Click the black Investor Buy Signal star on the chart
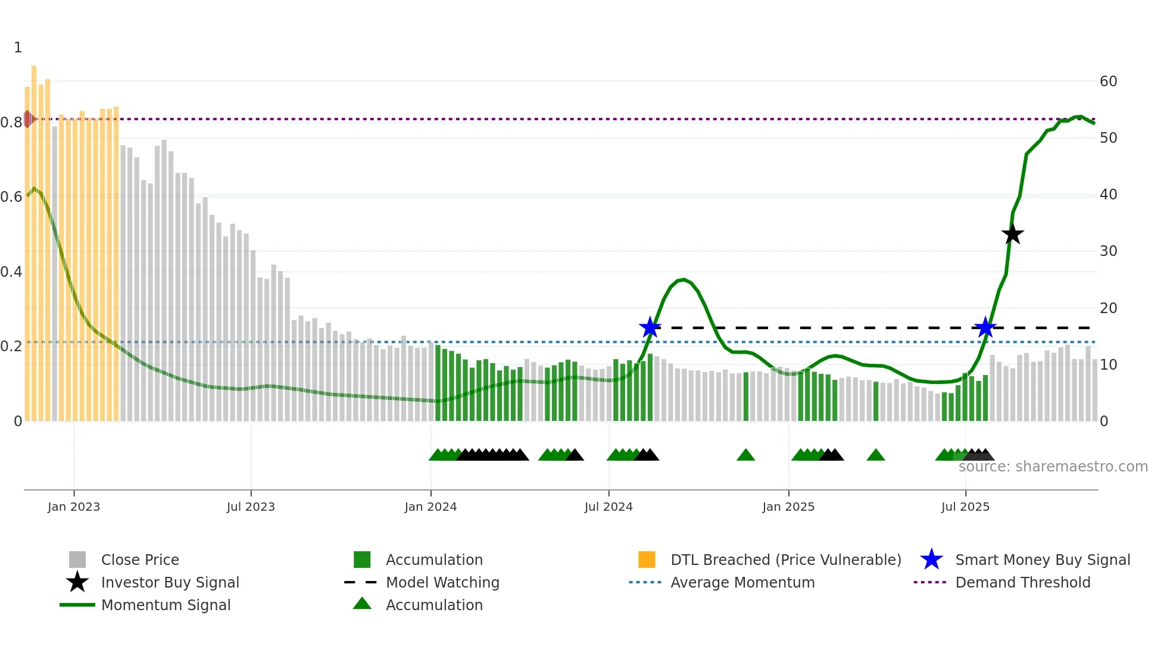tap(1012, 235)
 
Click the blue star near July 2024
tap(650, 327)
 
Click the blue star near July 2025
tap(985, 327)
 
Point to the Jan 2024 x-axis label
tap(430, 507)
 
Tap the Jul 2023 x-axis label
tap(251, 507)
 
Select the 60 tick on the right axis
tap(1108, 82)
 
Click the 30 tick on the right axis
tap(1108, 251)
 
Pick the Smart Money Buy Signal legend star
tap(931, 560)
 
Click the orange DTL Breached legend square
tap(647, 560)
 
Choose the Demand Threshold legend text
tap(1022, 582)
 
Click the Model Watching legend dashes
tap(361, 582)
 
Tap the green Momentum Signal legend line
tap(77, 605)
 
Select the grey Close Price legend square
tap(77, 560)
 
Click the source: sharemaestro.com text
tap(1053, 467)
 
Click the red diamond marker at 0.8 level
tap(28, 119)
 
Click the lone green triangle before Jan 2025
tap(745, 455)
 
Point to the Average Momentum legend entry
tap(742, 582)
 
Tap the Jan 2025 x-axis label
tap(788, 507)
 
